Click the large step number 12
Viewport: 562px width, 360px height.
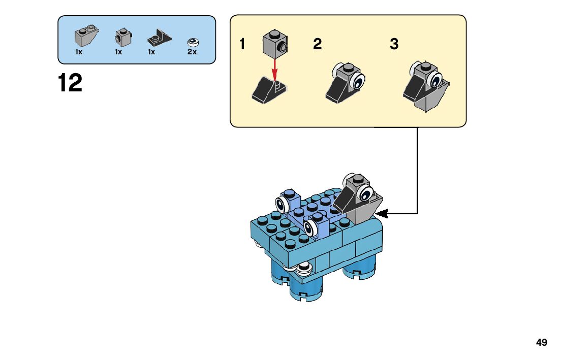pyautogui.click(x=70, y=83)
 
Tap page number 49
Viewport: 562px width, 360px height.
pyautogui.click(x=542, y=342)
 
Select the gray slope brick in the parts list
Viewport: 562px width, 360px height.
pyautogui.click(x=86, y=36)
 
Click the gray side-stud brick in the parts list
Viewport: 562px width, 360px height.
pyautogui.click(x=123, y=38)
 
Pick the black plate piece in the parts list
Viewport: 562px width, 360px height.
pyautogui.click(x=159, y=38)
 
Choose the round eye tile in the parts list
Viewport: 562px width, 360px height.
pyautogui.click(x=193, y=43)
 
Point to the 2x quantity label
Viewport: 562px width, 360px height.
pyautogui.click(x=192, y=52)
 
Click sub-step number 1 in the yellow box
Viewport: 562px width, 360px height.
pyautogui.click(x=242, y=44)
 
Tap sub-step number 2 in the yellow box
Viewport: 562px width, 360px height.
pyautogui.click(x=318, y=44)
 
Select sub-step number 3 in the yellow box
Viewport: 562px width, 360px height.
pyautogui.click(x=394, y=44)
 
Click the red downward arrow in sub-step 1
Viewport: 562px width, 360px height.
pyautogui.click(x=274, y=70)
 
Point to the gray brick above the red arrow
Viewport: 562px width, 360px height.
pyautogui.click(x=275, y=44)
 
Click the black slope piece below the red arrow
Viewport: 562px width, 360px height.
pyautogui.click(x=269, y=90)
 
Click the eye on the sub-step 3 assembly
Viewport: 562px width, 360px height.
pyautogui.click(x=436, y=80)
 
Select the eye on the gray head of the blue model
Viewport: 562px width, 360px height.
pyautogui.click(x=366, y=194)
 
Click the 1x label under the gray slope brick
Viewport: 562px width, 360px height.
pyautogui.click(x=79, y=52)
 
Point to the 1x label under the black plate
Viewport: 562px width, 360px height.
pyautogui.click(x=151, y=52)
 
